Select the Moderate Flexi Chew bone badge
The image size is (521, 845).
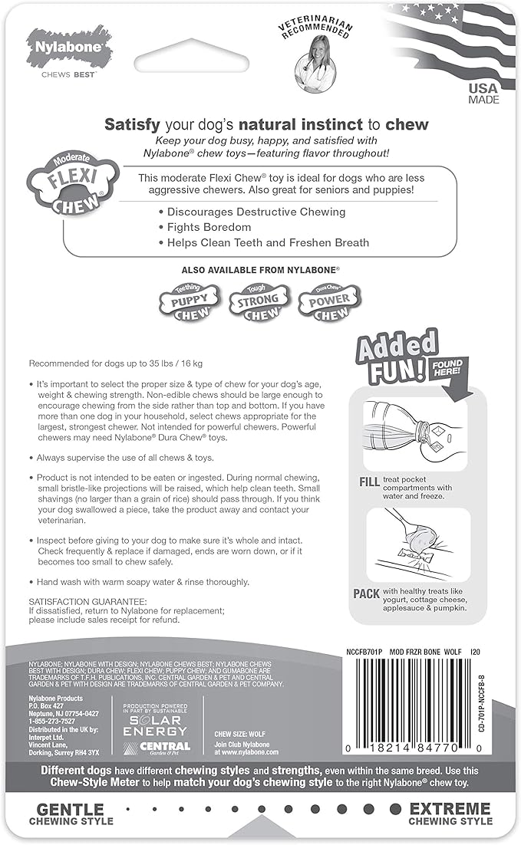[x=73, y=185]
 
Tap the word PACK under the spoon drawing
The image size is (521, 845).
[x=367, y=593]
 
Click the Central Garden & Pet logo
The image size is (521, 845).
[x=159, y=748]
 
